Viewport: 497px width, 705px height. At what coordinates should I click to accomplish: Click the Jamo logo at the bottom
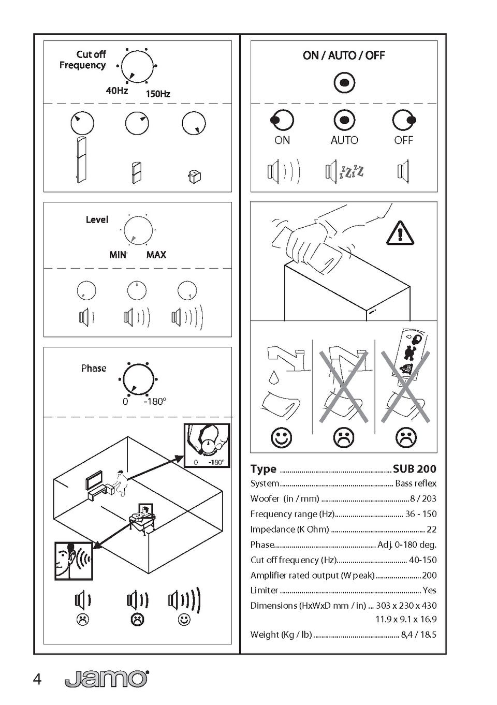pos(106,679)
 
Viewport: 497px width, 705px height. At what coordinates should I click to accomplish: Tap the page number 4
pos(37,679)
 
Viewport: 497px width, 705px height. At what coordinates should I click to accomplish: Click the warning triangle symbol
pos(400,232)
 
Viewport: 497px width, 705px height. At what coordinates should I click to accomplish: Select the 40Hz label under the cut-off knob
pos(117,91)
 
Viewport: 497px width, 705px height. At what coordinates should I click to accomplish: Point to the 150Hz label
pos(158,94)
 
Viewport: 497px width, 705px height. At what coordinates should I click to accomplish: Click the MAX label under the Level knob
pos(156,255)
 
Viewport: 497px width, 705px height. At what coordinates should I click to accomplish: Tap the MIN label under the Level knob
pos(118,255)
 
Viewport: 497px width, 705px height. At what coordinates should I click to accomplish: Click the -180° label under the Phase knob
pos(155,402)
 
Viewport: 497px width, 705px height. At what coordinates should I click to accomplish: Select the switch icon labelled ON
pos(282,121)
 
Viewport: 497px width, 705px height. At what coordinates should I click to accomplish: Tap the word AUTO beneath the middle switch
pos(344,140)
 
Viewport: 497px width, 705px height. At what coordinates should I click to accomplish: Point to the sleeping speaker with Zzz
pos(344,171)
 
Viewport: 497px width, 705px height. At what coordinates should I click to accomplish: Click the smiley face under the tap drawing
pos(281,438)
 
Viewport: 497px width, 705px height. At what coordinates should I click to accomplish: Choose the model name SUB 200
pos(414,469)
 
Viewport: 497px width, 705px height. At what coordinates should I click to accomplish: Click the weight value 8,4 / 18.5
pos(418,635)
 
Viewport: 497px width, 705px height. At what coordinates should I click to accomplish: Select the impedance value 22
pos(431,529)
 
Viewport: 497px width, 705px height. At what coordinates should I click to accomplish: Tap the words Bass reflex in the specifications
pos(416,483)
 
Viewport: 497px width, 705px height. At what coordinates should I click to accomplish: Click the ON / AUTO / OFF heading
pos(344,55)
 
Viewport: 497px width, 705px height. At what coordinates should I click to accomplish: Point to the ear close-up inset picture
pos(74,561)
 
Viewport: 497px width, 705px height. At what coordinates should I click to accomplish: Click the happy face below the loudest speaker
pos(184,620)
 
